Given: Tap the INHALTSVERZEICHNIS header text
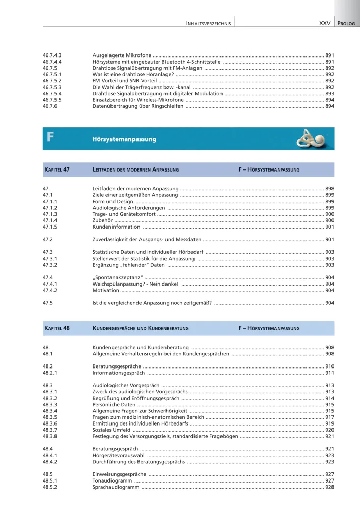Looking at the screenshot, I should (x=209, y=23).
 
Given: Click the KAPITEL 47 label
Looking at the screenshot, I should (x=57, y=169).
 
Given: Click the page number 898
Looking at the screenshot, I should (x=329, y=189).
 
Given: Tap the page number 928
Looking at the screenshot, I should (x=329, y=487).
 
